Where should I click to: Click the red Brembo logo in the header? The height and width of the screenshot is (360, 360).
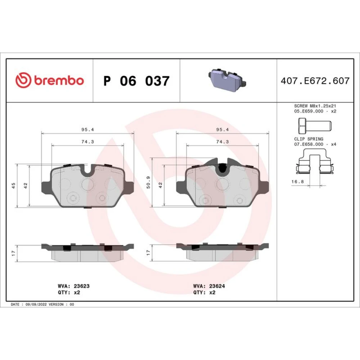pyautogui.click(x=49, y=80)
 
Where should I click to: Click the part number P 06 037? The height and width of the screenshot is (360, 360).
pyautogui.click(x=136, y=81)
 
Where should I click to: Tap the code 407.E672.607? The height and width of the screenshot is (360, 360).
pyautogui.click(x=315, y=81)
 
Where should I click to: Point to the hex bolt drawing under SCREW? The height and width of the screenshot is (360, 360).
pyautogui.click(x=315, y=126)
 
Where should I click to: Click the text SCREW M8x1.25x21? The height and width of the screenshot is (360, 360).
pyautogui.click(x=315, y=106)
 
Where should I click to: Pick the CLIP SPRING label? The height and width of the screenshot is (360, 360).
pyautogui.click(x=309, y=139)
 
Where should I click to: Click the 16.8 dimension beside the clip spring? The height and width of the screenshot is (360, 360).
pyautogui.click(x=298, y=181)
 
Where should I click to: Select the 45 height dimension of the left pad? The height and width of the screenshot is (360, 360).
pyautogui.click(x=13, y=185)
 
